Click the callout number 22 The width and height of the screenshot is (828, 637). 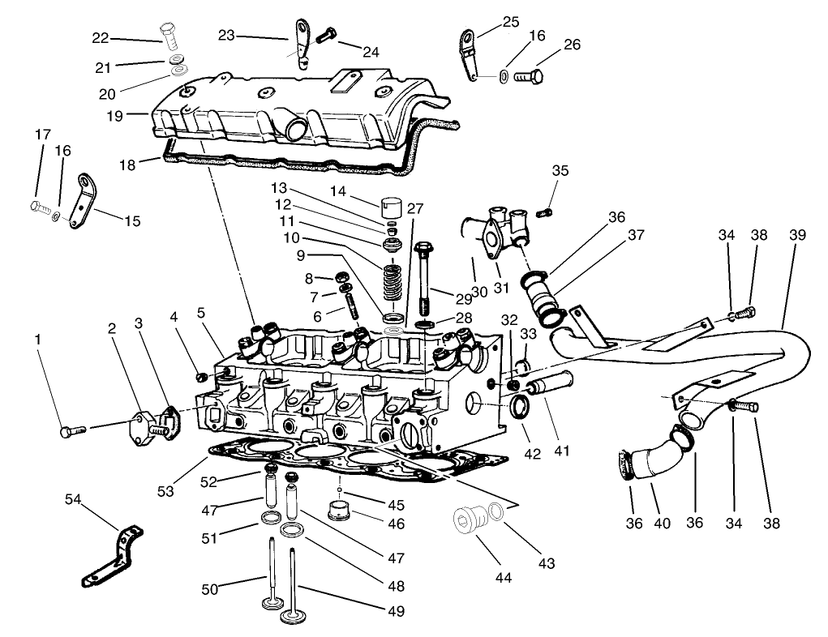point(100,38)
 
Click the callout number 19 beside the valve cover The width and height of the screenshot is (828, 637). point(114,115)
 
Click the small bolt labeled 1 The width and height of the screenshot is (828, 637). point(68,432)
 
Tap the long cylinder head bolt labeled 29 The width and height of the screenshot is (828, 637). point(425,280)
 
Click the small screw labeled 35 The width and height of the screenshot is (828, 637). point(546,212)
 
